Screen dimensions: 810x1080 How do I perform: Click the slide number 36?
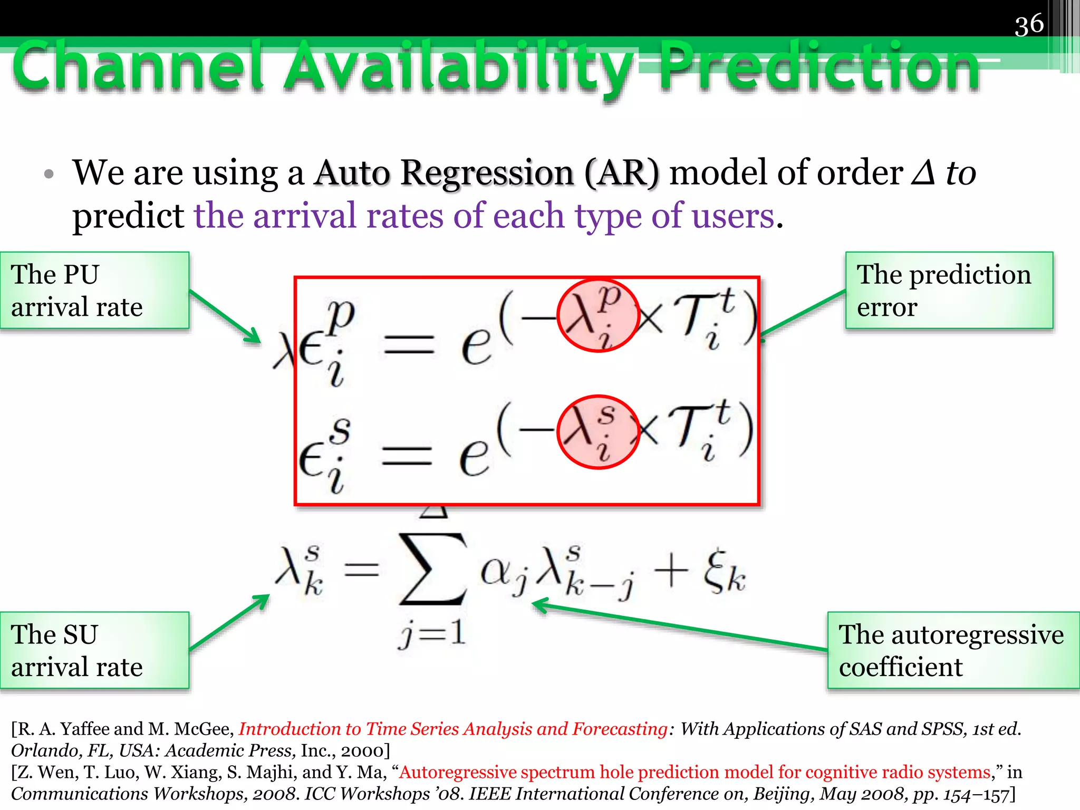[1029, 25]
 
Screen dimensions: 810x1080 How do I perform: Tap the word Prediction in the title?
[820, 67]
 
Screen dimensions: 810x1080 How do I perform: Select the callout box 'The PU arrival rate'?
[95, 291]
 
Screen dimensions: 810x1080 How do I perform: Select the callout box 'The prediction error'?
[949, 291]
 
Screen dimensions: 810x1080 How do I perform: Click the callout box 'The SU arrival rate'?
[95, 650]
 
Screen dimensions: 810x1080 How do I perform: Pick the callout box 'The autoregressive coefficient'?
[953, 650]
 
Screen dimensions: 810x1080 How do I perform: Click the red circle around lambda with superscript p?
[598, 315]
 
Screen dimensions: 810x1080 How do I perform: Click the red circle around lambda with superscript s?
[598, 431]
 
